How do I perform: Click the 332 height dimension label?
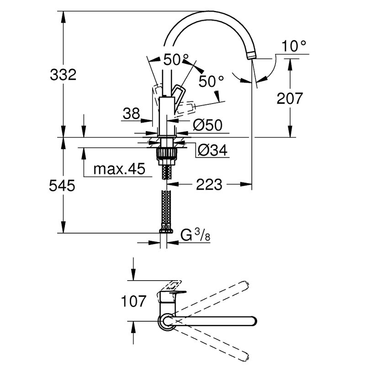pos(63,75)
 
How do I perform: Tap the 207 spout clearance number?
pos(290,98)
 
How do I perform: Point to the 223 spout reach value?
pos(209,184)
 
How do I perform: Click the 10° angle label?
pos(294,46)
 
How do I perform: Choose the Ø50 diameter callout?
pos(207,125)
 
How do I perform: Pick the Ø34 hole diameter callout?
pos(212,150)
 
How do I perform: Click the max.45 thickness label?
pos(119,169)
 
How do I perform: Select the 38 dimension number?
pos(132,114)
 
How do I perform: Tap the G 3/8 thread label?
pos(195,235)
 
